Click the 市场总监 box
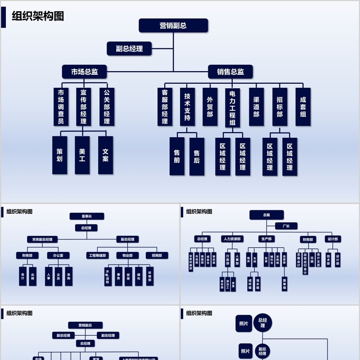click(x=85, y=72)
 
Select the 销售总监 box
click(x=230, y=72)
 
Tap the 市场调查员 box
click(x=61, y=107)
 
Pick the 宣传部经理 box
click(x=83, y=107)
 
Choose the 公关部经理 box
click(x=107, y=107)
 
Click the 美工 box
click(x=82, y=155)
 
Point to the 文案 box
click(x=105, y=155)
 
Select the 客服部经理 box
click(x=165, y=107)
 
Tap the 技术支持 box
click(x=187, y=107)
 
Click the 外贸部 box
click(x=210, y=107)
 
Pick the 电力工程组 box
click(x=233, y=108)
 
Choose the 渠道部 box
click(x=256, y=107)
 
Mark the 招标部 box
click(x=279, y=107)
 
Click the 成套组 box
click(x=303, y=107)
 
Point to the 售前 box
click(x=177, y=156)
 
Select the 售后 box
click(x=197, y=156)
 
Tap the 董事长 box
click(x=87, y=216)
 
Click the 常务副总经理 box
click(x=42, y=239)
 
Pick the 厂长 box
click(x=286, y=226)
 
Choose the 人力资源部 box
click(x=232, y=239)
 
